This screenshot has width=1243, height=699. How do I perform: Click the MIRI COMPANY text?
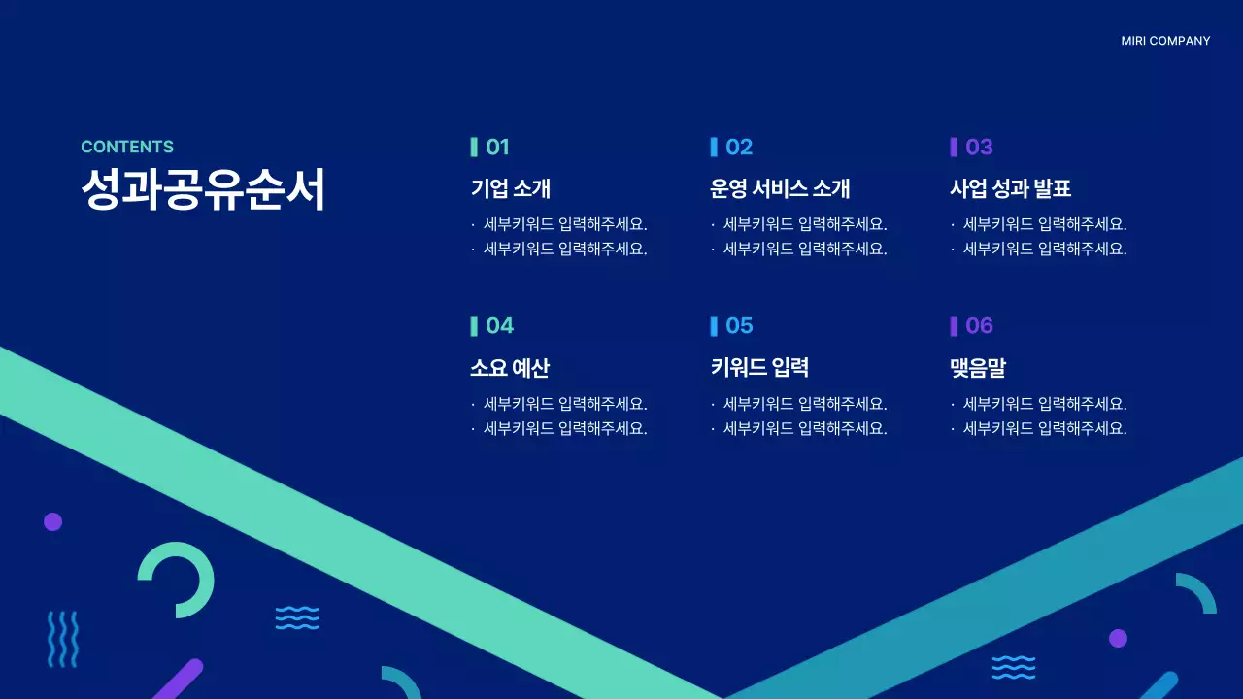(1165, 41)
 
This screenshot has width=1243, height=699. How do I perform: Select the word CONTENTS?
(127, 147)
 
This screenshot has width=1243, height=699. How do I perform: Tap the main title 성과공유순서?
(203, 189)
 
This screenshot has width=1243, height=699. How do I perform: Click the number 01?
(497, 147)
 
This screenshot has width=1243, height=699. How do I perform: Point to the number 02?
(739, 147)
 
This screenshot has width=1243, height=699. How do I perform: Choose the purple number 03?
(979, 147)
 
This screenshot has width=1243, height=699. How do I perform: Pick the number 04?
(499, 325)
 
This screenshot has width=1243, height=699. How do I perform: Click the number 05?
(739, 325)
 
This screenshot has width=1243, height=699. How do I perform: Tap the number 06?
(979, 325)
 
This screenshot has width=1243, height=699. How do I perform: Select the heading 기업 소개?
(511, 188)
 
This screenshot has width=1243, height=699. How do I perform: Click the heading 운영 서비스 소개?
(780, 188)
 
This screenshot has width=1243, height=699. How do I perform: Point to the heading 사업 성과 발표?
(1010, 188)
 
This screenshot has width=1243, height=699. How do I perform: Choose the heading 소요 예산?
(510, 368)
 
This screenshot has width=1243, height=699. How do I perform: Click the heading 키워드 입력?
(759, 367)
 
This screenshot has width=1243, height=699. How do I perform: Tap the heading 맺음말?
(977, 368)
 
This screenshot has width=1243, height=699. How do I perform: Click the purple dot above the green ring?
(52, 521)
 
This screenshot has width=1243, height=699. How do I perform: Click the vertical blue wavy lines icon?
(63, 639)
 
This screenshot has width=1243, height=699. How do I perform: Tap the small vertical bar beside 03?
(954, 147)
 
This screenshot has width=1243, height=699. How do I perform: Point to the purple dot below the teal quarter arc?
(1118, 638)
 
